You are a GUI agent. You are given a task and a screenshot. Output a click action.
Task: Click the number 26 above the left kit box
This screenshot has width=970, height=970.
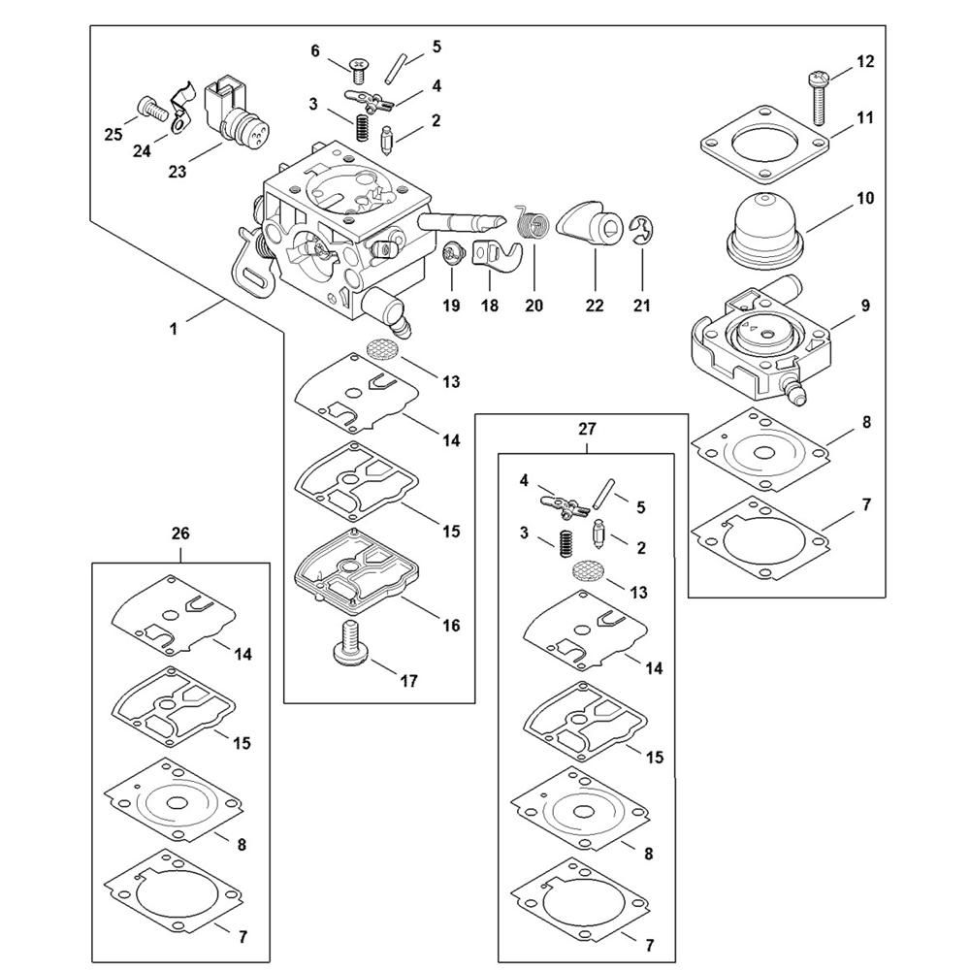pyautogui.click(x=180, y=533)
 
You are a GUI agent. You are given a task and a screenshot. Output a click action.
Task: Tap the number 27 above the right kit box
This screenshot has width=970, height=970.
pyautogui.click(x=587, y=428)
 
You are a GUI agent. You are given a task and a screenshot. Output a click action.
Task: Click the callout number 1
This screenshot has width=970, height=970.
pyautogui.click(x=174, y=330)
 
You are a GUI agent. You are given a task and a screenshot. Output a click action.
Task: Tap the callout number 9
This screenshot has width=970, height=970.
pyautogui.click(x=864, y=306)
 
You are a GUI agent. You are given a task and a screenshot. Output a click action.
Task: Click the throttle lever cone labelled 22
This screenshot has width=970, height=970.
pyautogui.click(x=594, y=226)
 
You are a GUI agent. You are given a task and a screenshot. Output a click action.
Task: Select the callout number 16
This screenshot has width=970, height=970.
pyautogui.click(x=450, y=626)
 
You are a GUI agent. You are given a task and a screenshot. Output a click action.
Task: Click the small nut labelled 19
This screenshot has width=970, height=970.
pyautogui.click(x=450, y=254)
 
